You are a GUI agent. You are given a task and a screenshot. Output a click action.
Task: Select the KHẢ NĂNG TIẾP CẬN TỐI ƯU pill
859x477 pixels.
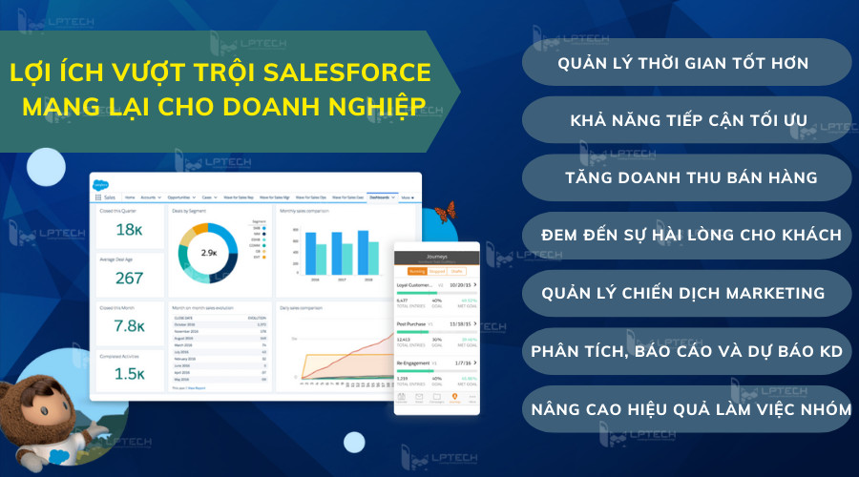685,121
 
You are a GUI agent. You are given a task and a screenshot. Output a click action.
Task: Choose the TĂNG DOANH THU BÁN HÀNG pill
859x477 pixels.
685,178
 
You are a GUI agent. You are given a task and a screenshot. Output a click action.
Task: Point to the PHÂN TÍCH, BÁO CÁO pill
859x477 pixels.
685,352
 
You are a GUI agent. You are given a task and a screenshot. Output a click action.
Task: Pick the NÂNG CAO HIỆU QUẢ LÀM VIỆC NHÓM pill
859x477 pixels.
685,409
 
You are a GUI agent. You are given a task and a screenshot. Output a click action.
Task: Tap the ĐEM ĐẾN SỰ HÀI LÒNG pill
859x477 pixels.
685,236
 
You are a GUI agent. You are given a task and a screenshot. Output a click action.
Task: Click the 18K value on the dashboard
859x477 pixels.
128,229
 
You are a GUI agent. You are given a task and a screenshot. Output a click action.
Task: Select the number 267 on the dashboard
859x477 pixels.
128,278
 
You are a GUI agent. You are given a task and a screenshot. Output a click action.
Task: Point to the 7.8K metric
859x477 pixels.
128,326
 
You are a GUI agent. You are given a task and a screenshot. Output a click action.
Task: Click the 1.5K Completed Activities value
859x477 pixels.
128,374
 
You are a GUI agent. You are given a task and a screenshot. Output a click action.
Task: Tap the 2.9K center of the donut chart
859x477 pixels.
210,253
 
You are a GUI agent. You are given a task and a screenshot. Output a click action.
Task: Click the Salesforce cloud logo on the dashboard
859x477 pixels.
101,186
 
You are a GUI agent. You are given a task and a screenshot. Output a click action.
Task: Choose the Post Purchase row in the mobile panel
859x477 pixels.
415,324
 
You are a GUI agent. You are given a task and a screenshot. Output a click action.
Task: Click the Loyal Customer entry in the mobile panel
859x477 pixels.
420,284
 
